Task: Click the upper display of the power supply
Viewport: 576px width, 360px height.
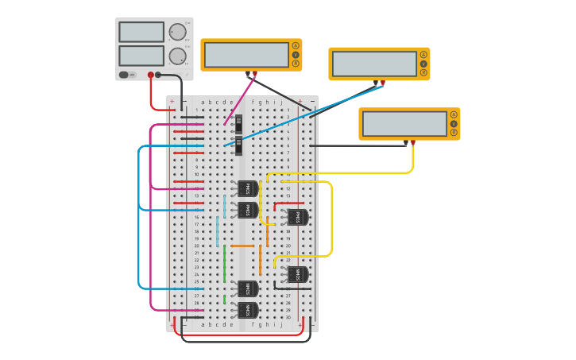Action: [141, 32]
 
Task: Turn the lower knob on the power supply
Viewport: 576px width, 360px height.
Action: [177, 56]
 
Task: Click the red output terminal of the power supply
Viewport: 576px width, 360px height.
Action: [150, 75]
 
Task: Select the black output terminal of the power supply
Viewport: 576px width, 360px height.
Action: [158, 75]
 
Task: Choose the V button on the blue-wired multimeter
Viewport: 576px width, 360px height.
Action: [423, 64]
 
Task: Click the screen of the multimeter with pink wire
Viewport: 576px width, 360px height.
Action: [246, 55]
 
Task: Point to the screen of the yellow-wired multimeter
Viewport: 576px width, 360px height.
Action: [404, 124]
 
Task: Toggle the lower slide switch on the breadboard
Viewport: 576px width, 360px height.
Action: [238, 146]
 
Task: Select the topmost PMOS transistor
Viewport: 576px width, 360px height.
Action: [247, 189]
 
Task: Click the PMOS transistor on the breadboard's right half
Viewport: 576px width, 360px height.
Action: [297, 217]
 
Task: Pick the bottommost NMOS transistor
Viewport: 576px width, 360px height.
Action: [247, 310]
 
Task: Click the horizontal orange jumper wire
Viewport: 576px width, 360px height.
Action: [242, 246]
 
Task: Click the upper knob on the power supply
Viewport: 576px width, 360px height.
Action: [177, 32]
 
